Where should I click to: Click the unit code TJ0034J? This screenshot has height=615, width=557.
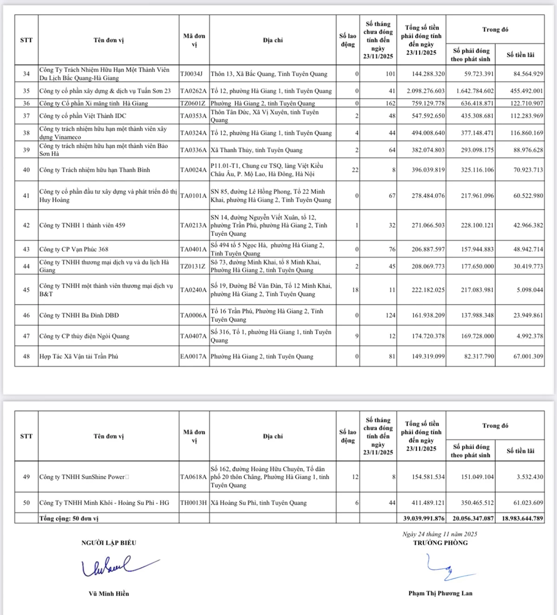(x=191, y=74)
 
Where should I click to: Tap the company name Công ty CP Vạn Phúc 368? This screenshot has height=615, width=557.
(x=74, y=249)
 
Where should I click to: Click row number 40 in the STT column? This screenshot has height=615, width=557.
(x=26, y=170)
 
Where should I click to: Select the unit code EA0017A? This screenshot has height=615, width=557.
(x=194, y=356)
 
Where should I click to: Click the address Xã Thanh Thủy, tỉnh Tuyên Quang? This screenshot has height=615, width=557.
(x=257, y=150)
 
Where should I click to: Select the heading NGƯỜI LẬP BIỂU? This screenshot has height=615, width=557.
(x=109, y=543)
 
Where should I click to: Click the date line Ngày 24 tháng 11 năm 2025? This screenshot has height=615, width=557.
(x=440, y=534)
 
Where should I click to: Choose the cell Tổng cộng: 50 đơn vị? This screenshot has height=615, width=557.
(x=69, y=518)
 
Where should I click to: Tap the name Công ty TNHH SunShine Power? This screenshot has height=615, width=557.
(x=82, y=477)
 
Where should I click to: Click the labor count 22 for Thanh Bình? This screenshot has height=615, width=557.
(x=355, y=170)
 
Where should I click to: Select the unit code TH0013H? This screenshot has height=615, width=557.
(x=194, y=503)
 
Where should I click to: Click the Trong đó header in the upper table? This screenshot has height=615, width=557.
(x=495, y=30)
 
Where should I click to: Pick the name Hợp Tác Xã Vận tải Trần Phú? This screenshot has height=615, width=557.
(x=79, y=356)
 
